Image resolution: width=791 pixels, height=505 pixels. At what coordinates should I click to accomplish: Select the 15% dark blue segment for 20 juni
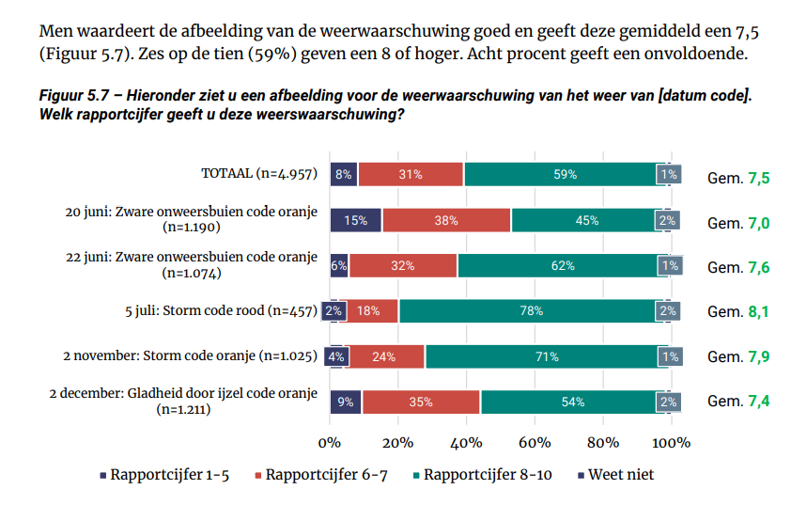(x=356, y=220)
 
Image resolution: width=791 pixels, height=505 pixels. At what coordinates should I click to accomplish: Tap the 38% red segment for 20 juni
(x=446, y=220)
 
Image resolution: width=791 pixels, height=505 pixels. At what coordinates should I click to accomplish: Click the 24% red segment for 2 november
(x=384, y=356)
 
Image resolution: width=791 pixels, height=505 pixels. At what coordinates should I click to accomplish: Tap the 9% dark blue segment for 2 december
(x=346, y=402)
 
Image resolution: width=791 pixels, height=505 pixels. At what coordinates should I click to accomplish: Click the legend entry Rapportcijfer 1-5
(x=164, y=475)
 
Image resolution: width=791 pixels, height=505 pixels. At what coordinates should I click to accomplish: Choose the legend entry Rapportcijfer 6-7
(x=321, y=475)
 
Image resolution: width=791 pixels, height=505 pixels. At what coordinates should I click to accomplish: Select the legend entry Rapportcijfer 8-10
(x=482, y=475)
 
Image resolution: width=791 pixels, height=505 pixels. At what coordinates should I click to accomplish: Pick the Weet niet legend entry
(x=615, y=475)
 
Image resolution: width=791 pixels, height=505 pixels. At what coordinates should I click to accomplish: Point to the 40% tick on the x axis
(x=466, y=443)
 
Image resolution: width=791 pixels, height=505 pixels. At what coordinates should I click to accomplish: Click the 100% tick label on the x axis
(x=671, y=443)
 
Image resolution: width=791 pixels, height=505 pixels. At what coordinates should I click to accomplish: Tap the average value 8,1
(x=759, y=311)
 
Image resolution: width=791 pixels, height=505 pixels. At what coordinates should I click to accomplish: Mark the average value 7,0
(x=759, y=223)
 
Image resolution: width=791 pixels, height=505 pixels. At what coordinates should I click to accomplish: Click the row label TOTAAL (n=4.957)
(x=259, y=174)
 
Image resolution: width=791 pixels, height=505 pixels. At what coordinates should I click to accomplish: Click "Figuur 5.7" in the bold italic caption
(x=74, y=95)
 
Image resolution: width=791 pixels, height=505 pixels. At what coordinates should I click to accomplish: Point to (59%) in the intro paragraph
(x=271, y=54)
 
